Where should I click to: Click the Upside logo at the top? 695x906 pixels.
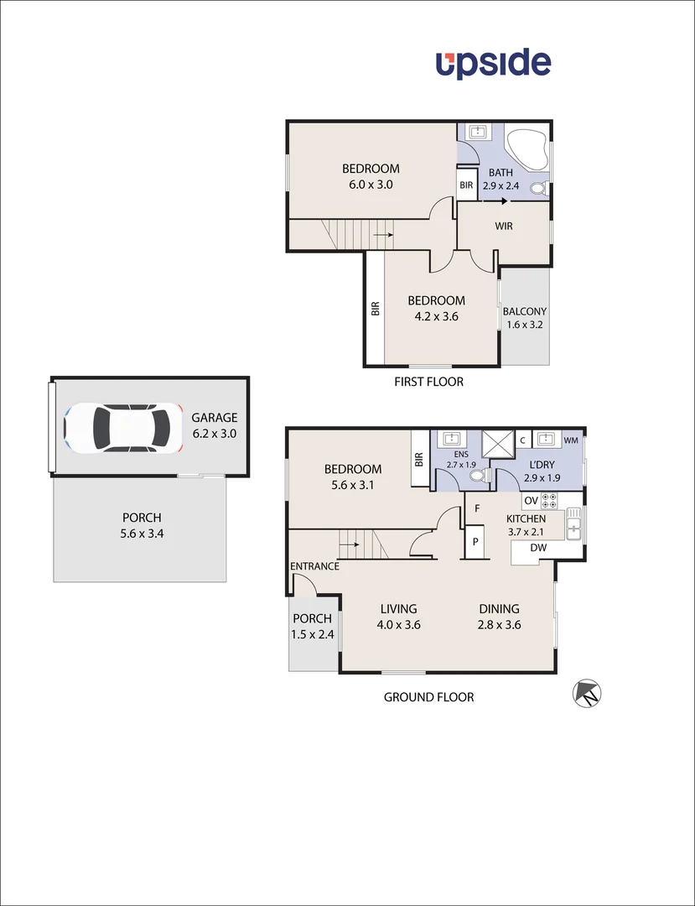[x=493, y=64]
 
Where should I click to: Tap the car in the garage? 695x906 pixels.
[x=122, y=427]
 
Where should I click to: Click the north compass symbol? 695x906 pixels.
[x=587, y=694]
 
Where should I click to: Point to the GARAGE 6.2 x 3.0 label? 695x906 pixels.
[x=215, y=425]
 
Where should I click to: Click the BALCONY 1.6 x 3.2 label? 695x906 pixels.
[x=524, y=318]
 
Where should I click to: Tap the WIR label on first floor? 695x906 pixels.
[x=503, y=226]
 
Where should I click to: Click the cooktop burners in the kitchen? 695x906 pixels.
[x=551, y=501]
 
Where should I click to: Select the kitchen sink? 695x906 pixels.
[x=573, y=526]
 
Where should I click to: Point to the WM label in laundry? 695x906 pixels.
[x=571, y=440]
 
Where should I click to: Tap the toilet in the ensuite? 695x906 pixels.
[x=479, y=476]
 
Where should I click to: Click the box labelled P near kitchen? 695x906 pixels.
[x=475, y=542]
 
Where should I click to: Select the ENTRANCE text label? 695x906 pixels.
[x=314, y=566]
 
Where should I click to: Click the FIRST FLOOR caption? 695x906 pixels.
[x=428, y=382]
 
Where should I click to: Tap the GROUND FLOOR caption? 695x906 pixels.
[x=428, y=697]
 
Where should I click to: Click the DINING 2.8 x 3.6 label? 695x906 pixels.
[x=500, y=617]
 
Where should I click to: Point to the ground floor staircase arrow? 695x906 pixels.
[x=350, y=544]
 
